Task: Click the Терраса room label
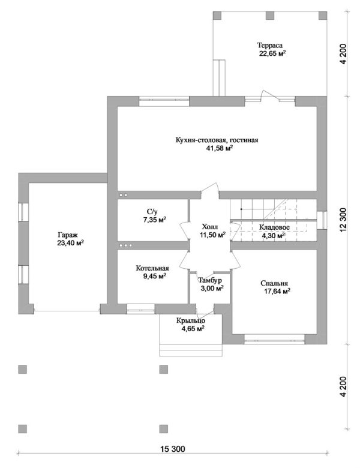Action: click(270, 46)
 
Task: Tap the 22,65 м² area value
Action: click(272, 53)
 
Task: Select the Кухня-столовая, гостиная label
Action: click(217, 140)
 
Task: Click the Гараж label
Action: click(67, 235)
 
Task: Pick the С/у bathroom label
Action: click(152, 212)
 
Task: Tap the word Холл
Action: click(210, 227)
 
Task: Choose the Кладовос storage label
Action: click(274, 227)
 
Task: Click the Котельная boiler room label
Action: click(152, 268)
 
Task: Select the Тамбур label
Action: click(210, 281)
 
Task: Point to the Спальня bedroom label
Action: click(274, 284)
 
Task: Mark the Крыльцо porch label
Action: click(190, 321)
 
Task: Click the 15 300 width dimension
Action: click(173, 449)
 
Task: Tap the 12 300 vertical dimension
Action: click(344, 220)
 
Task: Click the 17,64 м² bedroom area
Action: click(277, 292)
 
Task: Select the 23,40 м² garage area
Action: click(70, 243)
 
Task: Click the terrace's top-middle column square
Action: click(270, 15)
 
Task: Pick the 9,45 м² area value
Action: click(155, 276)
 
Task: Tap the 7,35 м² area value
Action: click(154, 220)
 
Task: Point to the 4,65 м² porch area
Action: click(193, 329)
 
